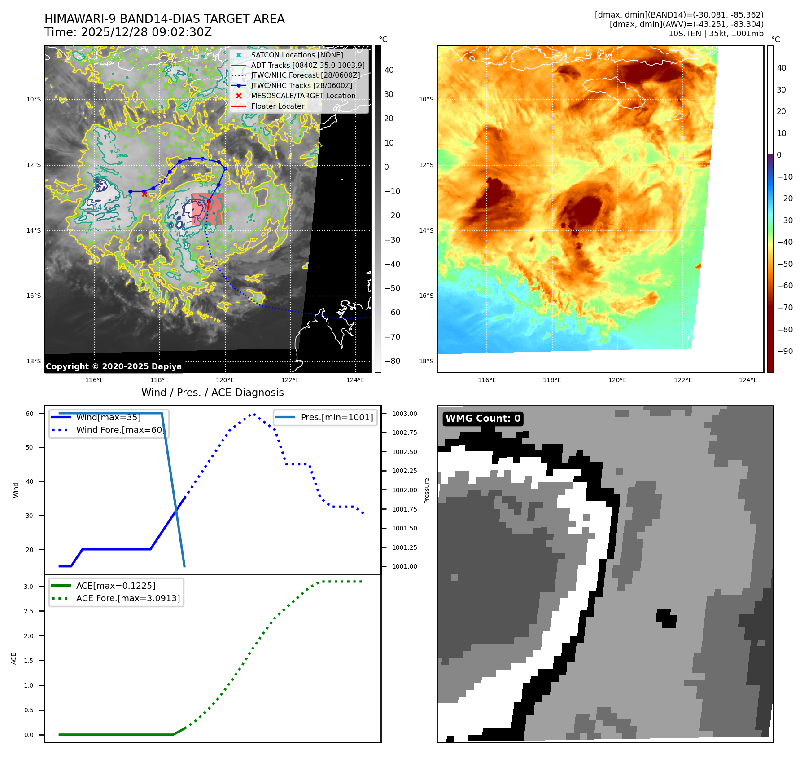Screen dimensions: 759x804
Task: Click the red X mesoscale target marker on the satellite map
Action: [144, 194]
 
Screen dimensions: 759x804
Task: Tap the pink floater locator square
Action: [207, 209]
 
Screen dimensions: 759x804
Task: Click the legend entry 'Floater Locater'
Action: [277, 106]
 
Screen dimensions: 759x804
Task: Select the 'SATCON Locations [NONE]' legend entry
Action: [297, 55]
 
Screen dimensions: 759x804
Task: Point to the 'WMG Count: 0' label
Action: [483, 419]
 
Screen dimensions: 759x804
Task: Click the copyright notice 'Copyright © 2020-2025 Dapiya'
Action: [114, 366]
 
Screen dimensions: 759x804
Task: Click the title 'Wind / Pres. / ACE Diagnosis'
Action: [212, 393]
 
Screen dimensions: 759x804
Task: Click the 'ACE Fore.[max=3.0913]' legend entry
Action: [128, 598]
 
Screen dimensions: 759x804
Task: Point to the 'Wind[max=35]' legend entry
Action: [108, 417]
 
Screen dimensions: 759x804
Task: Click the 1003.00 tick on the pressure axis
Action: [404, 414]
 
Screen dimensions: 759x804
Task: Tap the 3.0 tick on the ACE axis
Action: [29, 587]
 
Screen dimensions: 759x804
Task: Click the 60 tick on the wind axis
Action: [30, 414]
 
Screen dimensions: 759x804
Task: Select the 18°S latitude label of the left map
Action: [34, 361]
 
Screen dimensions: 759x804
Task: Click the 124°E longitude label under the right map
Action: [748, 380]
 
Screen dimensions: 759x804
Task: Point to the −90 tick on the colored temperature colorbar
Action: [785, 351]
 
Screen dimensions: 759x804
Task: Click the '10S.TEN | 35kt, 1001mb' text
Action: [716, 34]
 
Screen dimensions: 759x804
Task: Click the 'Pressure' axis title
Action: [427, 490]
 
